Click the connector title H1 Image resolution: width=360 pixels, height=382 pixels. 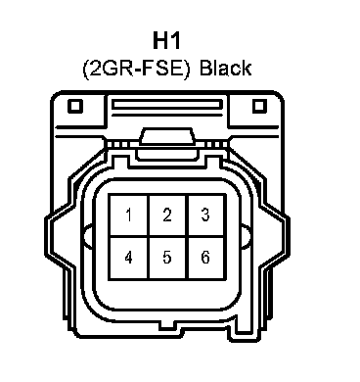(166, 40)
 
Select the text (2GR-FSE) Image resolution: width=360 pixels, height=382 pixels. (136, 69)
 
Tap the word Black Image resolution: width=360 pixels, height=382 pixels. (225, 68)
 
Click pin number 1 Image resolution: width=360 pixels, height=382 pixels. (129, 215)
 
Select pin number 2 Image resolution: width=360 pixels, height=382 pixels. (167, 215)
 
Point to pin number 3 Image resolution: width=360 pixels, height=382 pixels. (205, 215)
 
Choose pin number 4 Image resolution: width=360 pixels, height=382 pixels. (129, 257)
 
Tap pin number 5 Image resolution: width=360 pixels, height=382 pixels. (167, 257)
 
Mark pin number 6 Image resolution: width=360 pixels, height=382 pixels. (205, 257)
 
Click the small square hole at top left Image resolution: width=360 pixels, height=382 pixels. (75, 106)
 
